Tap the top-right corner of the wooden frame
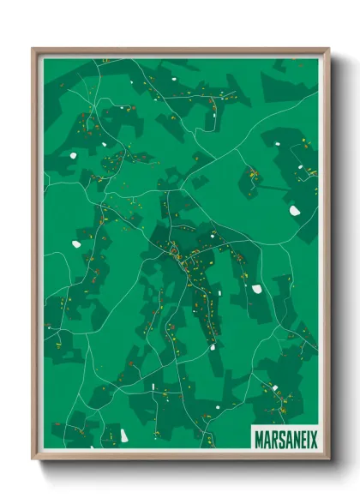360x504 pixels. pyautogui.click(x=328, y=49)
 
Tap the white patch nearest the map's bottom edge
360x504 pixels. pyautogui.click(x=124, y=436)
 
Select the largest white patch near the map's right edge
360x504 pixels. pyautogui.click(x=294, y=210)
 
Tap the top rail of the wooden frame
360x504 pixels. pyautogui.click(x=181, y=51)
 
